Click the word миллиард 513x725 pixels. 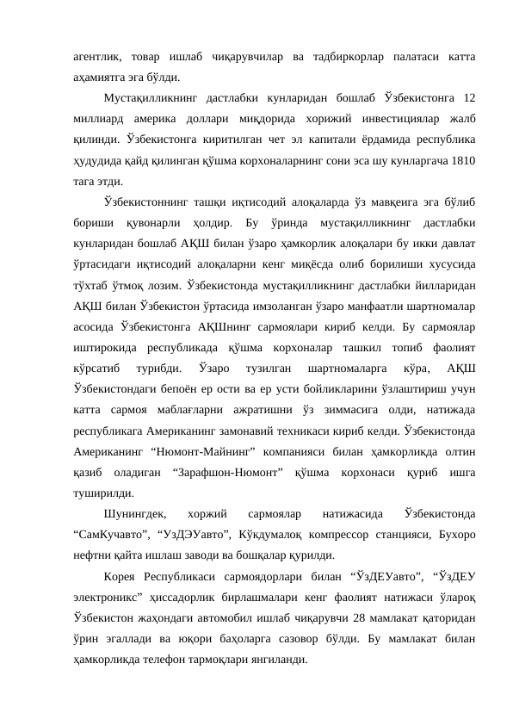tap(99, 119)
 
